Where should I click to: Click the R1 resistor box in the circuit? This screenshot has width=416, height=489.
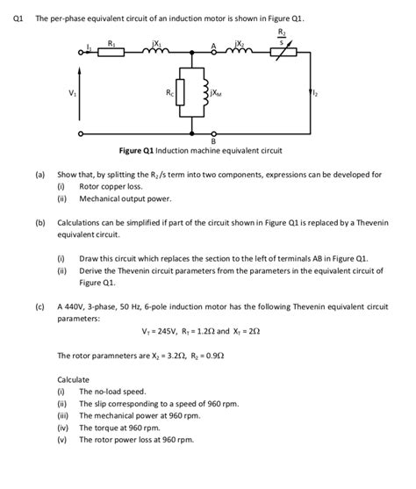tap(111, 52)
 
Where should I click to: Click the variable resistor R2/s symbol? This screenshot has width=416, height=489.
tap(280, 52)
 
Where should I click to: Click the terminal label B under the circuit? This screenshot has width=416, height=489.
tap(213, 142)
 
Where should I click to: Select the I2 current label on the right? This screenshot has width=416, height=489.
tap(312, 93)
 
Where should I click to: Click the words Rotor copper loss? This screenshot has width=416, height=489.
tap(110, 186)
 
